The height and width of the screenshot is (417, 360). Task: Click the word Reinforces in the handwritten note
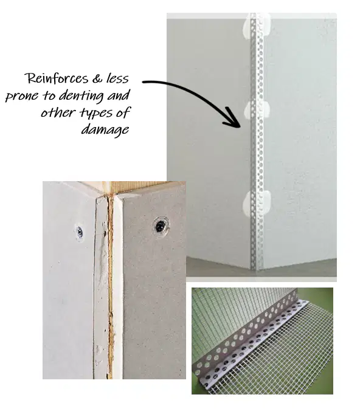pyautogui.click(x=56, y=78)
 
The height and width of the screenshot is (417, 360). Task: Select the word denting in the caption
pyautogui.click(x=81, y=96)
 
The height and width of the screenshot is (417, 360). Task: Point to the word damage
pyautogui.click(x=105, y=130)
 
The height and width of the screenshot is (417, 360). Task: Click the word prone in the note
pyautogui.click(x=22, y=97)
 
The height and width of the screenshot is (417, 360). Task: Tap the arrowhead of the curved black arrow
pyautogui.click(x=232, y=119)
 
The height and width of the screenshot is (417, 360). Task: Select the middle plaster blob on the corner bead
pyautogui.click(x=257, y=109)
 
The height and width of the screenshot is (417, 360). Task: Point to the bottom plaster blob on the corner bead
pyautogui.click(x=257, y=203)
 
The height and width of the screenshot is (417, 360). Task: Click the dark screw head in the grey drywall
pyautogui.click(x=161, y=226)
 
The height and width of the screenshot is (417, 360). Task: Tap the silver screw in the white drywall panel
pyautogui.click(x=79, y=233)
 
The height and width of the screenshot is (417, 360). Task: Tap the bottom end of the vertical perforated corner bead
pyautogui.click(x=257, y=269)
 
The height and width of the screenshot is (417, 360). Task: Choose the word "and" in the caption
pyautogui.click(x=119, y=96)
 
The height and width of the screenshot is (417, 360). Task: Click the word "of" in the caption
pyautogui.click(x=123, y=113)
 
